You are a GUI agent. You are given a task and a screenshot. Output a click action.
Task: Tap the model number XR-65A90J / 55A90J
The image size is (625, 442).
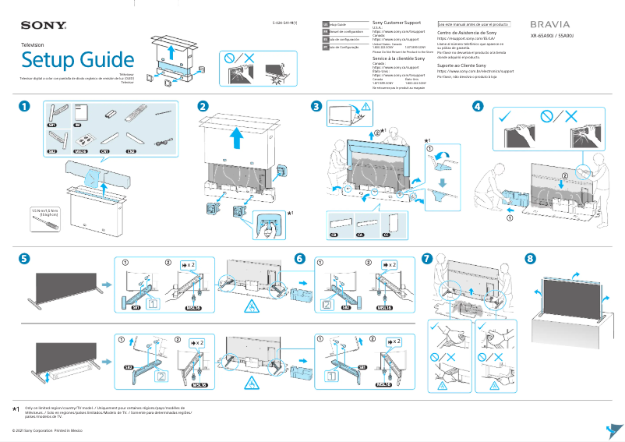(x=552, y=36)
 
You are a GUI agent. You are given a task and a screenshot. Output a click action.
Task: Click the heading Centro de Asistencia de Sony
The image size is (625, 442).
(x=467, y=34)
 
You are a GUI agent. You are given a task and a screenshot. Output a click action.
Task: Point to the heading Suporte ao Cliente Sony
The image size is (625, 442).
(x=466, y=65)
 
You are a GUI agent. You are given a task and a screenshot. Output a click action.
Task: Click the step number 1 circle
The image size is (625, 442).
(x=26, y=106)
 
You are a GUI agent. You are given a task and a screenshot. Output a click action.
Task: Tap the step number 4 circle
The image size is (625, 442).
(x=477, y=106)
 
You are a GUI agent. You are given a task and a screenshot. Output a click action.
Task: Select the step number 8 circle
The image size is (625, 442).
(x=531, y=258)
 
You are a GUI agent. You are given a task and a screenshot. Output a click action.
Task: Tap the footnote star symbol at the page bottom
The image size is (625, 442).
(x=16, y=408)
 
